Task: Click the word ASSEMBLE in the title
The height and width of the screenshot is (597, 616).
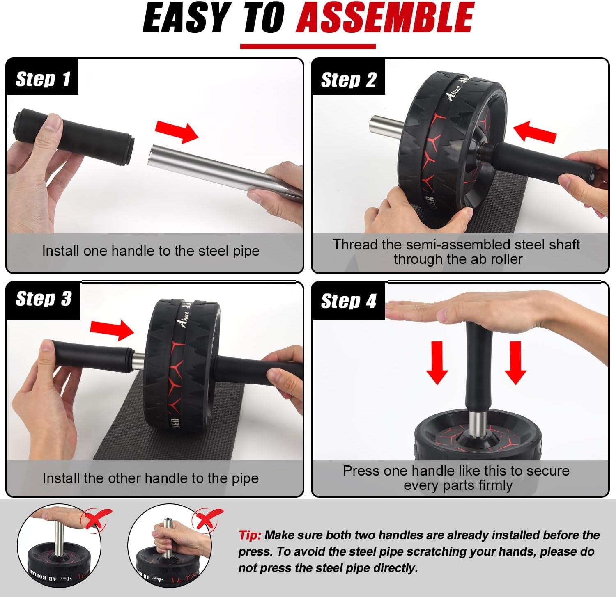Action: click(x=385, y=18)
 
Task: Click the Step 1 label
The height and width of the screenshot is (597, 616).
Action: click(x=43, y=79)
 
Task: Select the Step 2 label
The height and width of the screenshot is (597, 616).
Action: click(x=348, y=80)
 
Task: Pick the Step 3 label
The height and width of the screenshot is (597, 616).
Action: click(x=44, y=299)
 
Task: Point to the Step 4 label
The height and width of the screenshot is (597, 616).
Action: click(x=348, y=301)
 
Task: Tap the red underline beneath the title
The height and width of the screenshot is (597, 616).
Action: click(x=308, y=46)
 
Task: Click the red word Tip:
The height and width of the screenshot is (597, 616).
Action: click(x=250, y=535)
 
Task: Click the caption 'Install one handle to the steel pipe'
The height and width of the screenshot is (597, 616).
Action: click(x=151, y=251)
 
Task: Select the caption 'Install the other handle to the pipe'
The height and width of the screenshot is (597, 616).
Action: click(x=151, y=478)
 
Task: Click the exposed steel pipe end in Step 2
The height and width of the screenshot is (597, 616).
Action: click(x=385, y=126)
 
